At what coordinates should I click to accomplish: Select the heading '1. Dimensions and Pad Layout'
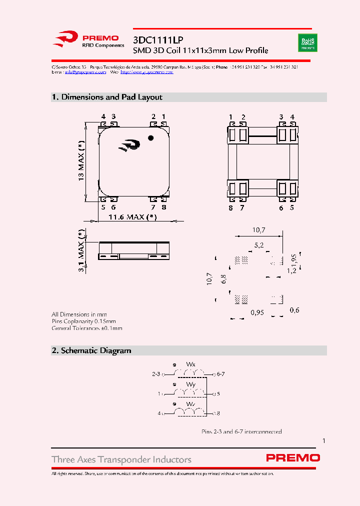pyautogui.click(x=107, y=97)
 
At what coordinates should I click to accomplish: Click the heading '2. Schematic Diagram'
pyautogui.click(x=91, y=351)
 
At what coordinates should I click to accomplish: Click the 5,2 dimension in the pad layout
pyautogui.click(x=259, y=245)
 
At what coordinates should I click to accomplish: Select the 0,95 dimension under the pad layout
pyautogui.click(x=257, y=312)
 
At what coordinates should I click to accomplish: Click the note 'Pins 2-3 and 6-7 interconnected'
pyautogui.click(x=241, y=431)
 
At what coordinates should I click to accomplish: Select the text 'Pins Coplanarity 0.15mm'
pyautogui.click(x=83, y=321)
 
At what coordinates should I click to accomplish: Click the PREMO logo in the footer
pyautogui.click(x=293, y=457)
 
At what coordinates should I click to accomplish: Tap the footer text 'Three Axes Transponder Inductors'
pyautogui.click(x=121, y=459)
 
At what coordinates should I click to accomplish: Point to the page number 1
pyautogui.click(x=324, y=441)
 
